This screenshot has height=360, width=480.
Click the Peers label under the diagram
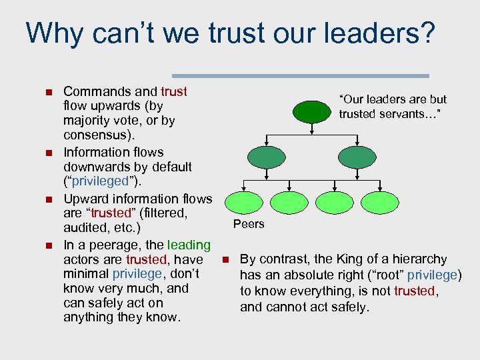[249, 224]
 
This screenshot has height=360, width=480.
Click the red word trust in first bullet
[174, 91]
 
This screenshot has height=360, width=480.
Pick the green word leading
[189, 245]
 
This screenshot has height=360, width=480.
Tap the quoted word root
[385, 275]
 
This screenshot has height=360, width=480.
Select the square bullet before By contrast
[226, 259]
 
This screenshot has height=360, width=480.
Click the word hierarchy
[420, 259]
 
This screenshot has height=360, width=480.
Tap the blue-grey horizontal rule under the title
[300, 75]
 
